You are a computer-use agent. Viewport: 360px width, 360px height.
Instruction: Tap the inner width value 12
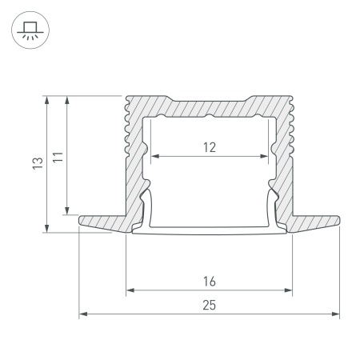pos(208,146)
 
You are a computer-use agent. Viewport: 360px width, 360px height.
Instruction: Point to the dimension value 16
pos(209,282)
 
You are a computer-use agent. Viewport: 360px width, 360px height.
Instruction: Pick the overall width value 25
pos(209,305)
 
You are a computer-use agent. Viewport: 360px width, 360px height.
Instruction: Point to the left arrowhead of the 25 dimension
pos(82,314)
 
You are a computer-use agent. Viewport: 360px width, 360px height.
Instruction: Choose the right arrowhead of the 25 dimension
pos(336,314)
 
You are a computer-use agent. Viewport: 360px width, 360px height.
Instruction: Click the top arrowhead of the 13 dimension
pos(48,99)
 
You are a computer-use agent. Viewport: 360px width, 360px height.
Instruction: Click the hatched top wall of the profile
pos(209,107)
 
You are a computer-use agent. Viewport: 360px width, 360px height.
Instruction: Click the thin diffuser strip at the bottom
pos(210,234)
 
